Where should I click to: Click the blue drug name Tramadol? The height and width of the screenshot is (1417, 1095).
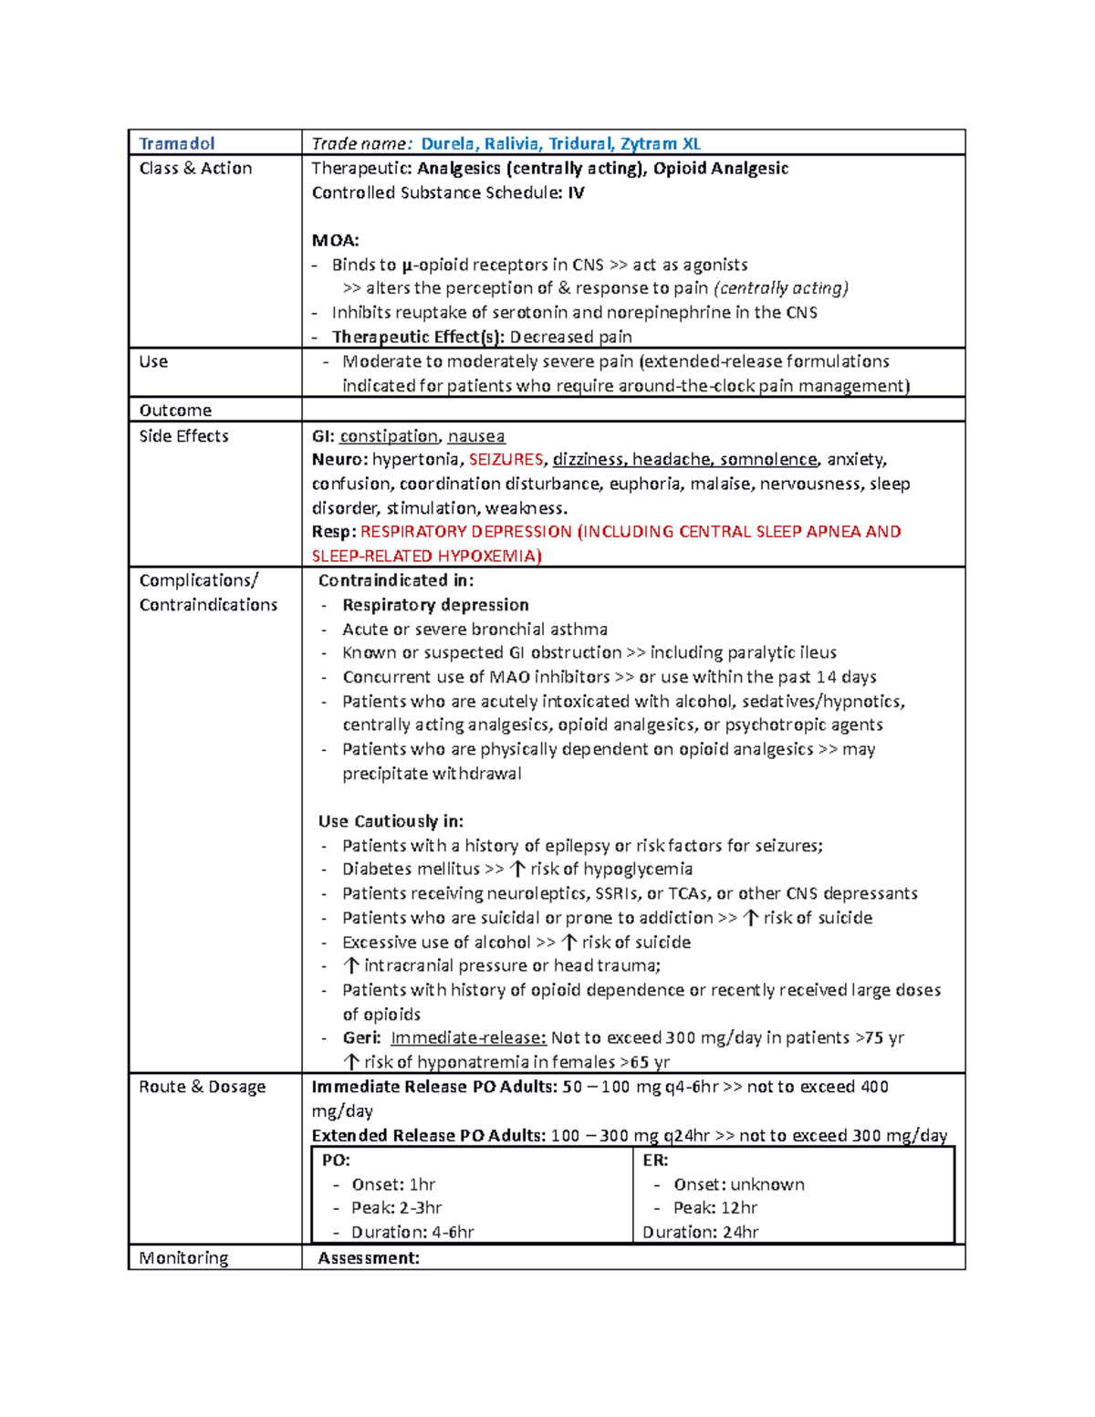click(x=176, y=143)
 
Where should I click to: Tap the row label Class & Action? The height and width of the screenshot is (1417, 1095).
click(x=195, y=168)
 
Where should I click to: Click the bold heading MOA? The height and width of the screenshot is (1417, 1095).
click(x=335, y=241)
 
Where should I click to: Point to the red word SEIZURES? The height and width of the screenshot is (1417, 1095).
click(x=506, y=460)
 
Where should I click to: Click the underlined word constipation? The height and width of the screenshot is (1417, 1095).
click(x=389, y=436)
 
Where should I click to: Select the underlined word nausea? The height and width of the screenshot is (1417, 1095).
click(x=475, y=436)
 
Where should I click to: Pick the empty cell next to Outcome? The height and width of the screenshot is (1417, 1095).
click(x=632, y=410)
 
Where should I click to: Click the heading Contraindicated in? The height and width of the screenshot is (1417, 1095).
click(x=395, y=580)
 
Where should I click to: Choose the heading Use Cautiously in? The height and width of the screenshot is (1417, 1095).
click(x=391, y=821)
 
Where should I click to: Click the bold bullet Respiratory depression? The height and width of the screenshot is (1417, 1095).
click(x=435, y=605)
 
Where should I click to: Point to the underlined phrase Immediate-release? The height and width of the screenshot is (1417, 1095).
click(x=468, y=1037)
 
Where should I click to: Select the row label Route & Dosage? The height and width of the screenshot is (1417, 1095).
click(x=202, y=1087)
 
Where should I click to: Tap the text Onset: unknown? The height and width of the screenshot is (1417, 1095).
click(x=738, y=1184)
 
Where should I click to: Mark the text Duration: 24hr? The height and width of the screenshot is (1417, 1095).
click(x=701, y=1232)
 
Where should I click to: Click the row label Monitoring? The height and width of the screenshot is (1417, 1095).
click(x=183, y=1257)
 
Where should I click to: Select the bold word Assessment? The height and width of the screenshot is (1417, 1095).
click(x=369, y=1258)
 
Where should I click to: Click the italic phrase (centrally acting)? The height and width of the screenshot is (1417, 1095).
click(x=781, y=288)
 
